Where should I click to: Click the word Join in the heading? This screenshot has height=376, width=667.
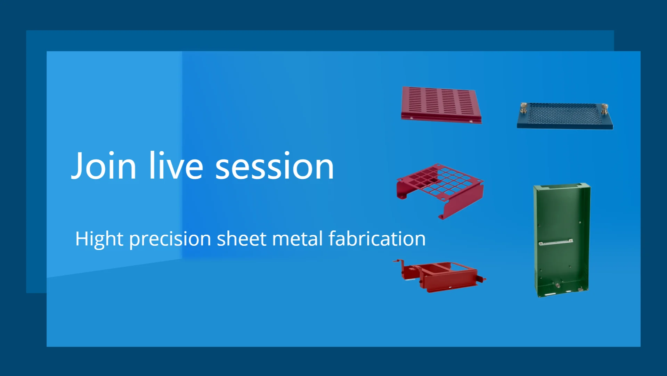click(x=104, y=166)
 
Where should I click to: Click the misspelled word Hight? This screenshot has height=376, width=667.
click(x=99, y=239)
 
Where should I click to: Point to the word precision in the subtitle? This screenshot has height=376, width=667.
click(x=170, y=239)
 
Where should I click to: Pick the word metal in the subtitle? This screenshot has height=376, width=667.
click(x=298, y=238)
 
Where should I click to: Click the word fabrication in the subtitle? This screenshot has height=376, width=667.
click(x=377, y=238)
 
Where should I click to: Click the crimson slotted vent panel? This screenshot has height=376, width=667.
click(x=441, y=105)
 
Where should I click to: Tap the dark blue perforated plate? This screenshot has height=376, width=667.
click(x=565, y=116)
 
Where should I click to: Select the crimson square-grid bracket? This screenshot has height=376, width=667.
click(x=440, y=191)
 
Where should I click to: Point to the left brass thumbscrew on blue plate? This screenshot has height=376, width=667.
click(x=523, y=108)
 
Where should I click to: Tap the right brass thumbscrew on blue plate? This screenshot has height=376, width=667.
click(x=605, y=109)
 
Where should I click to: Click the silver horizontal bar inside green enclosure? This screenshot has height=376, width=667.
click(x=556, y=242)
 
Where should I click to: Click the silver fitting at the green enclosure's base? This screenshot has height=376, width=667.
click(x=558, y=285)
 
